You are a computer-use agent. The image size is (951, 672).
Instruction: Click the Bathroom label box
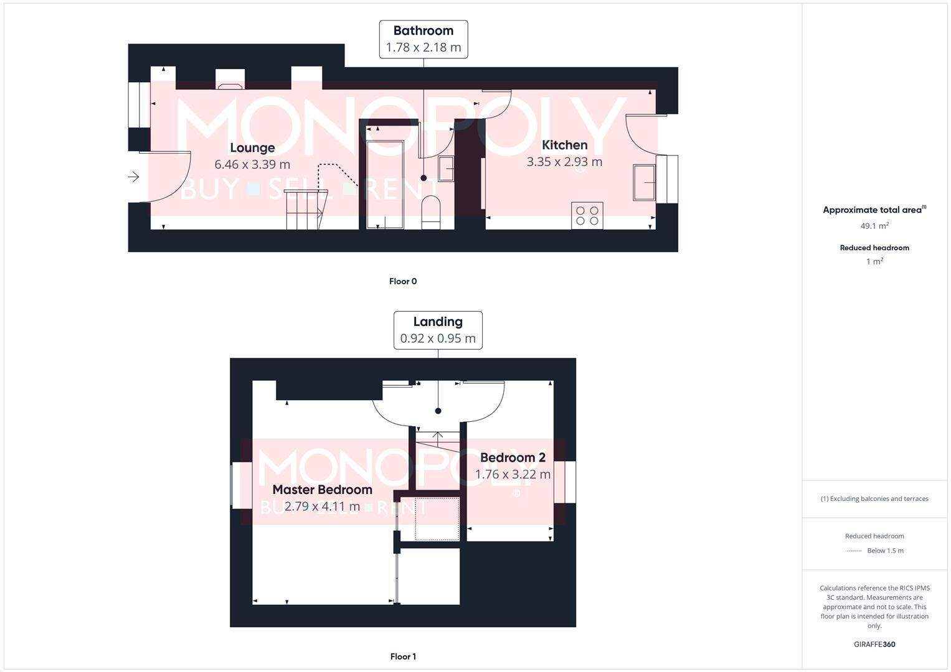(x=423, y=39)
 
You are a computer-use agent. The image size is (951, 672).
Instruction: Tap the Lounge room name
(x=252, y=147)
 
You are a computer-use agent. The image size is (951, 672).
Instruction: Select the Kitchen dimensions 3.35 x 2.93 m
(x=564, y=162)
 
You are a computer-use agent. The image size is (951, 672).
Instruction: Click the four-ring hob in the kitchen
(x=587, y=215)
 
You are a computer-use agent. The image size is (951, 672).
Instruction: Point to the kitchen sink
(x=644, y=182)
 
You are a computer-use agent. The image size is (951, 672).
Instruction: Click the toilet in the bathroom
(x=431, y=210)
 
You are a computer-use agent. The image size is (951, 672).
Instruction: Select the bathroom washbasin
(x=446, y=168)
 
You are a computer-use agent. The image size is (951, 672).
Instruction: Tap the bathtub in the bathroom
(x=385, y=184)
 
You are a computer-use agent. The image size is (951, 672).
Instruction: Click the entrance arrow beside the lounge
(x=133, y=177)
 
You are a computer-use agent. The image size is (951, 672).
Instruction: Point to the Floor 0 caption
(x=403, y=281)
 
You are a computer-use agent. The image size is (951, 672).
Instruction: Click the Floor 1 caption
(x=403, y=656)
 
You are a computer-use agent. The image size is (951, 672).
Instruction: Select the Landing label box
(x=438, y=330)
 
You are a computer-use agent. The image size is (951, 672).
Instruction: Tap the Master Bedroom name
(x=322, y=490)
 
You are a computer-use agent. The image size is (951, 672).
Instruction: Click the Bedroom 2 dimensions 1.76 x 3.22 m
(x=513, y=475)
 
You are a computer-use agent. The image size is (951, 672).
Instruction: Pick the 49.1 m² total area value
(x=874, y=226)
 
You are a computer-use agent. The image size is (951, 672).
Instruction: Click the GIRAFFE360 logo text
(x=874, y=645)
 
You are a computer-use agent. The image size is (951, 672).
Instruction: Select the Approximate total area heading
(x=874, y=210)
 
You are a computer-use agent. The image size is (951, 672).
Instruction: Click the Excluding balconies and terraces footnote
(x=874, y=498)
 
